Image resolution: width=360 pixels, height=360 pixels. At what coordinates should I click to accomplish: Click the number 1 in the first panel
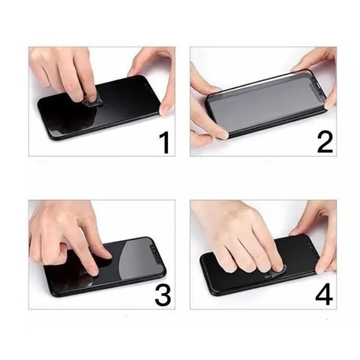(x=165, y=143)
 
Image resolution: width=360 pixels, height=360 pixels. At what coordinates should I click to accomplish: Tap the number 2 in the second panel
(x=325, y=143)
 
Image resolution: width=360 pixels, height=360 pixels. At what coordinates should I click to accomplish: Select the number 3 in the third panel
(x=163, y=295)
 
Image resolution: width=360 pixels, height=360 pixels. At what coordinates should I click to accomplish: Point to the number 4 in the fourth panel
(x=324, y=294)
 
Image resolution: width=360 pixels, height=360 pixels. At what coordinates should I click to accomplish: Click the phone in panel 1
(x=99, y=108)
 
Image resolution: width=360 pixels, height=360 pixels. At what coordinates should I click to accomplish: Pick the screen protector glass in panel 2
(x=267, y=102)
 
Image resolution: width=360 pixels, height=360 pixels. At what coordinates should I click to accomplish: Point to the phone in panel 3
(x=105, y=267)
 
